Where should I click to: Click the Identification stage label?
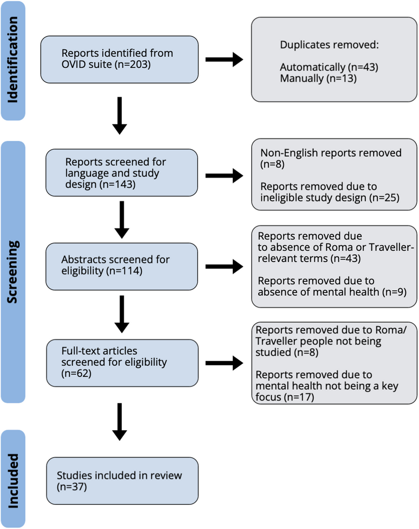[x=13, y=60]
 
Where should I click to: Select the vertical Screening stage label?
[x=13, y=272]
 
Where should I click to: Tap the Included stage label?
[x=13, y=480]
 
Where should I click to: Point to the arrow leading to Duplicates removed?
[x=224, y=60]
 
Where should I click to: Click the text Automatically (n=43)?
[x=329, y=67]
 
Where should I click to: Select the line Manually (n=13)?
[x=318, y=78]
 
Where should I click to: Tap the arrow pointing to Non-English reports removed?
[x=224, y=176]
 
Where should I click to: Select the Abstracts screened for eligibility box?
[x=121, y=266]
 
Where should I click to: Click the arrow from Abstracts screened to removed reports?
[x=224, y=267]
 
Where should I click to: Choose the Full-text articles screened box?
[x=122, y=362]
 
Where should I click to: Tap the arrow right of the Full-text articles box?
[x=224, y=363]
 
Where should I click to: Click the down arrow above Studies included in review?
[x=120, y=422]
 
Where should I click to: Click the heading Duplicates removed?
[x=329, y=45]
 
